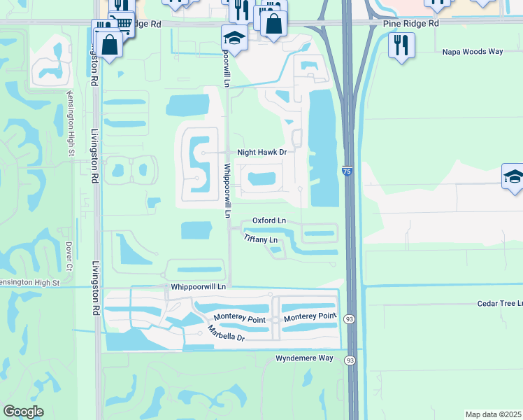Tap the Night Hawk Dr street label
tap(262, 152)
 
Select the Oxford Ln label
tap(269, 220)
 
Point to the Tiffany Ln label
tap(261, 239)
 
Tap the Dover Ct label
tap(69, 256)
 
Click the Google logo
tap(24, 412)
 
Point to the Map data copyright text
tap(494, 414)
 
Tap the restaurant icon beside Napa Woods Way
tap(401, 45)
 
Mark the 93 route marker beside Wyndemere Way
tap(349, 360)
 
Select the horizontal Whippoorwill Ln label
tap(199, 287)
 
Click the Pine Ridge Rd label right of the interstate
tap(411, 23)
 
